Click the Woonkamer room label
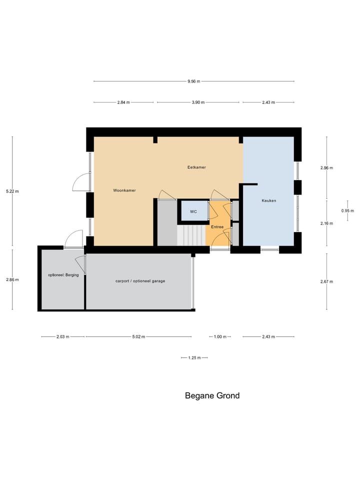pos(124,190)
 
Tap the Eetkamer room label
pos(193,167)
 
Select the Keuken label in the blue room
pos(268,200)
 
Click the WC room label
pos(193,211)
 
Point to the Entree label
pos(217,227)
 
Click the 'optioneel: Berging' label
pos(63,275)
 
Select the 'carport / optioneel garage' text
pos(140,281)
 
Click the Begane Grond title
pos(212,395)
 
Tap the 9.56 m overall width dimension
pos(193,81)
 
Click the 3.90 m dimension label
pos(198,102)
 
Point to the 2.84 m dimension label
pos(123,102)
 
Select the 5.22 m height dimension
pos(12,191)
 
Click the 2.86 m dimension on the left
pos(12,279)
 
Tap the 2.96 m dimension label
pos(326,168)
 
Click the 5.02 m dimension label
pos(138,337)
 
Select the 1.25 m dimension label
pos(194,358)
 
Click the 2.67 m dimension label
pos(326,281)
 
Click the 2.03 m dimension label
pos(63,337)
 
